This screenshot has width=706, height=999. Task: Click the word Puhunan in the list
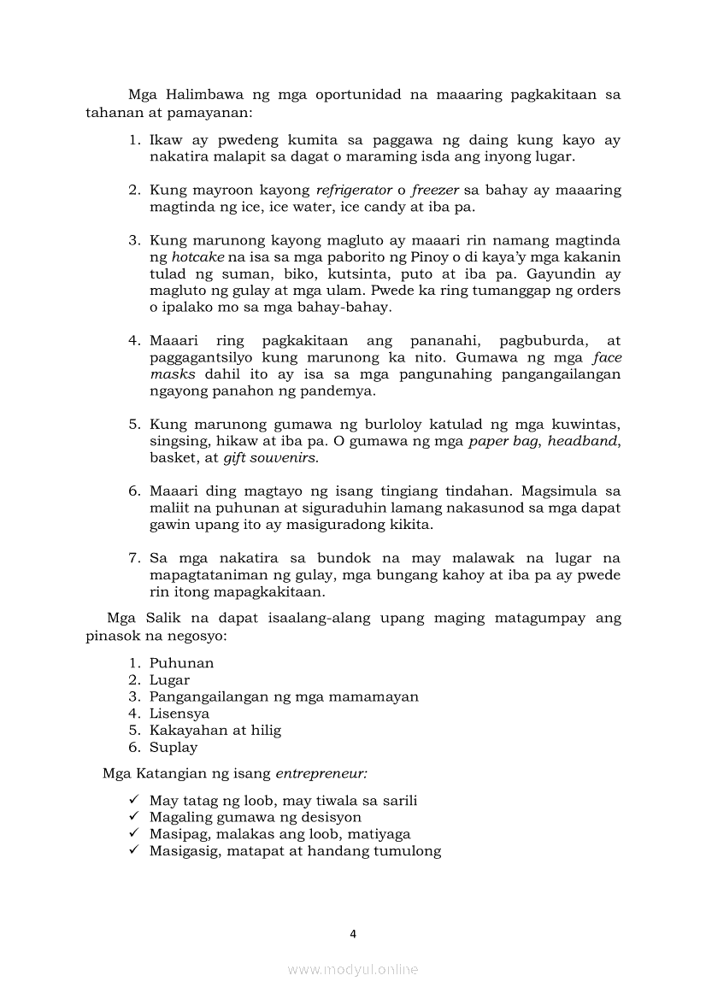click(181, 663)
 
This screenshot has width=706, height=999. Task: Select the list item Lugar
click(169, 680)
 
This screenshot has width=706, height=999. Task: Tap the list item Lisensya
click(179, 714)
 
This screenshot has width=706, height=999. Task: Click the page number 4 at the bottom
click(353, 933)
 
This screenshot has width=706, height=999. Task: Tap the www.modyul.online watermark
click(353, 969)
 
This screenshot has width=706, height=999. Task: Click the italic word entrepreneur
click(321, 774)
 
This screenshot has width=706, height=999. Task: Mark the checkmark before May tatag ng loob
click(133, 800)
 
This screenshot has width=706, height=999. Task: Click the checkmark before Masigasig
click(133, 850)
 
